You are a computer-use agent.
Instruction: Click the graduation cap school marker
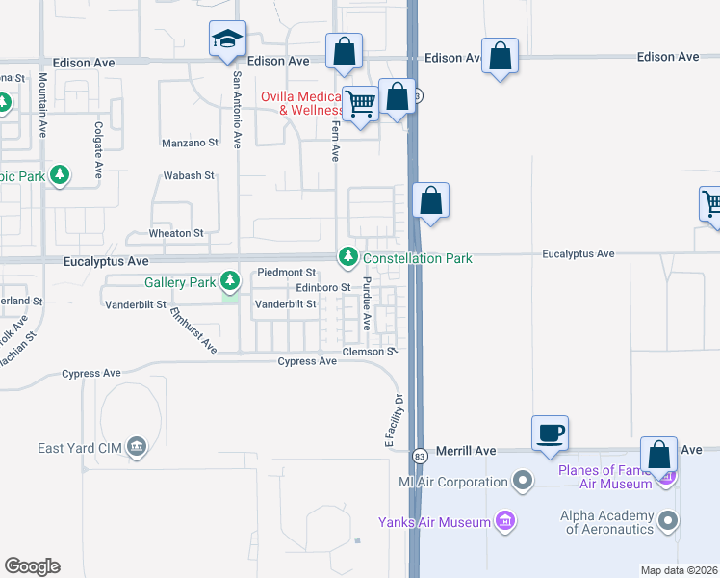[227, 39]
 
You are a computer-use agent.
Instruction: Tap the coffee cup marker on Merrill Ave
[550, 433]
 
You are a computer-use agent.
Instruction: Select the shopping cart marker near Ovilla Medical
[361, 103]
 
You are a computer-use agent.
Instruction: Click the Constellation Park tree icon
[347, 257]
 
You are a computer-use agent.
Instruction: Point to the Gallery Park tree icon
[229, 281]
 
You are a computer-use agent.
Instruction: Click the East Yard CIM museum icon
[136, 446]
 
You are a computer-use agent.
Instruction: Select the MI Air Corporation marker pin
[523, 479]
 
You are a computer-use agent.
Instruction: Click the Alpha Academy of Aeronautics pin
[670, 521]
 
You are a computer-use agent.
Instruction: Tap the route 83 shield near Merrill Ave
[419, 455]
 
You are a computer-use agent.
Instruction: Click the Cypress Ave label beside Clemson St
[307, 361]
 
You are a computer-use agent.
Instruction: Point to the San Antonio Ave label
[236, 114]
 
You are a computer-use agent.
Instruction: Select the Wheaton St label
[176, 233]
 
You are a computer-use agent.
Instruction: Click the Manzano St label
[189, 143]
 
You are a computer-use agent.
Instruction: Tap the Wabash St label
[189, 176]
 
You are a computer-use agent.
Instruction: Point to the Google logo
[32, 566]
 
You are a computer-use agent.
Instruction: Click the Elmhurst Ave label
[193, 330]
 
